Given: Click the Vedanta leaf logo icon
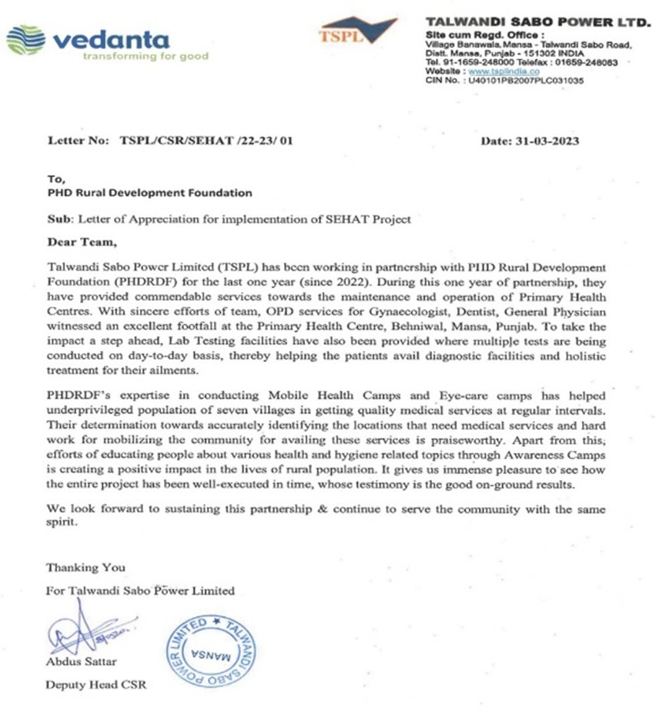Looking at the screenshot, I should [26, 40].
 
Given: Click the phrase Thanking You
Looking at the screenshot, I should [85, 567].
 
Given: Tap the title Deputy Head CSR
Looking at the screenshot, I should [95, 684].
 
